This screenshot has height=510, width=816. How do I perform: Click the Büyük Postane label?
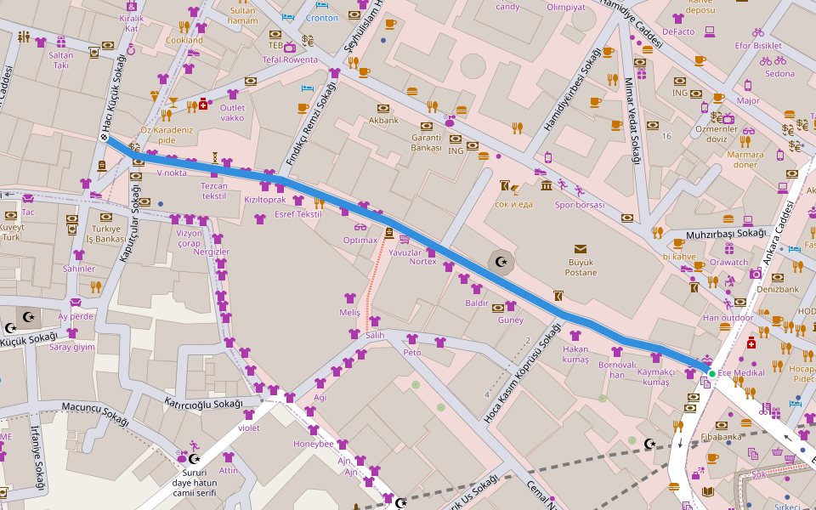point(581,267)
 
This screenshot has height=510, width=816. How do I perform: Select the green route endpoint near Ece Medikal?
point(711,373)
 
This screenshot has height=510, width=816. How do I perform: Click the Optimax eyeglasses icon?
point(360,227)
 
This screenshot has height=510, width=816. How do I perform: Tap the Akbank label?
point(383,120)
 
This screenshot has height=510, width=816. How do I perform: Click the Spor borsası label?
point(579,205)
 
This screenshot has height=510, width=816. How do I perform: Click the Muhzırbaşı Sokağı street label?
point(727,233)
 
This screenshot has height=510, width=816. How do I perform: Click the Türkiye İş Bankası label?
point(109,235)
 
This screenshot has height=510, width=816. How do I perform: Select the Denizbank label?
point(778,289)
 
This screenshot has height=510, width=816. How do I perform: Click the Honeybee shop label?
point(314,444)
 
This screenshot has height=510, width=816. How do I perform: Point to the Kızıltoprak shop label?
point(265,200)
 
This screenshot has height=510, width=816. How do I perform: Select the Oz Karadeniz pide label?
point(167,134)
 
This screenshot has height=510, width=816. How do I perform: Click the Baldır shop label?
point(477,303)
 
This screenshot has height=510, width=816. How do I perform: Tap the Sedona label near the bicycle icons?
point(779,74)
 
